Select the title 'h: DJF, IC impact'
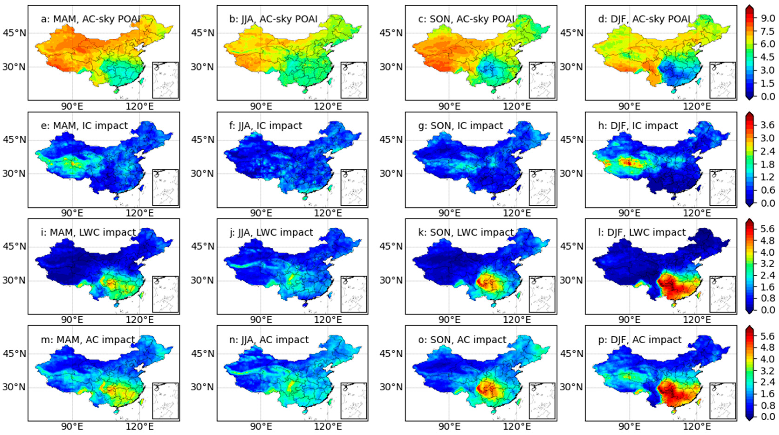[x=638, y=126]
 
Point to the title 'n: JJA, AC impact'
[x=269, y=340]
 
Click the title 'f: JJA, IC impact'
[x=266, y=126]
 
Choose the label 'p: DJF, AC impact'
[x=640, y=340]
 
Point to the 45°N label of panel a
[x=14, y=32]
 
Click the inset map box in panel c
[x=542, y=80]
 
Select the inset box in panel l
[x=722, y=294]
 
